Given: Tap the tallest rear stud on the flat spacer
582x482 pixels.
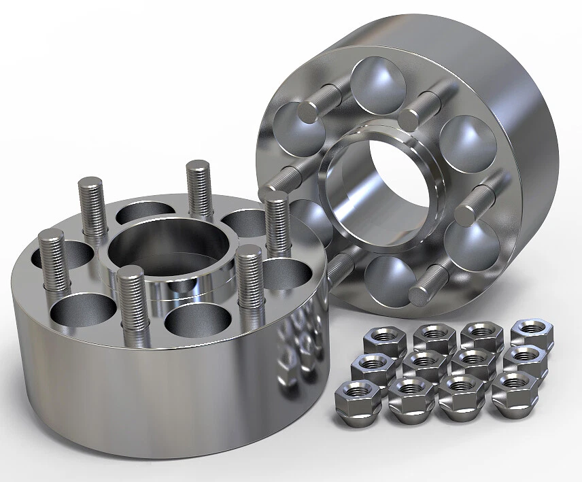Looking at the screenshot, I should (x=199, y=188).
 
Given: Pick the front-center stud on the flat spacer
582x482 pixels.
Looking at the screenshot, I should (x=131, y=303).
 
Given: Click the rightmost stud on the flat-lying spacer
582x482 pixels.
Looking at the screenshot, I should (x=277, y=224).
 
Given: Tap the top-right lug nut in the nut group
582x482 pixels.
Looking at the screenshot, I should (x=532, y=331).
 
